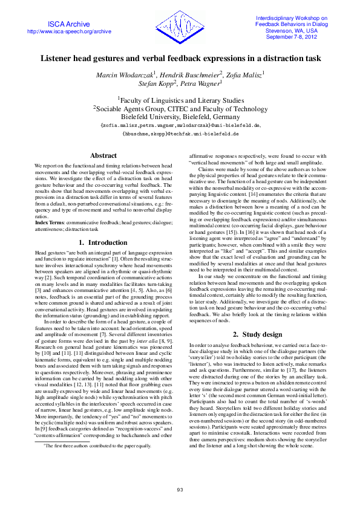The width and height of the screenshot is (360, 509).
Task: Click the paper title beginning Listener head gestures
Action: point(180,59)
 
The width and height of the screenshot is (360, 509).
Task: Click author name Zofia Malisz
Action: point(238,74)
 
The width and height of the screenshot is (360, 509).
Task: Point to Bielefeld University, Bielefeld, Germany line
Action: point(180,116)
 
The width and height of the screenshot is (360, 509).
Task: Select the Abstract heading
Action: point(103,155)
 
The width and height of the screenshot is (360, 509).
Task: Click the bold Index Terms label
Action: point(50,223)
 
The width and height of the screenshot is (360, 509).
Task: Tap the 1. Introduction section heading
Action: point(103,242)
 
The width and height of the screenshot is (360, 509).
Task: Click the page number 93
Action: point(180,489)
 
